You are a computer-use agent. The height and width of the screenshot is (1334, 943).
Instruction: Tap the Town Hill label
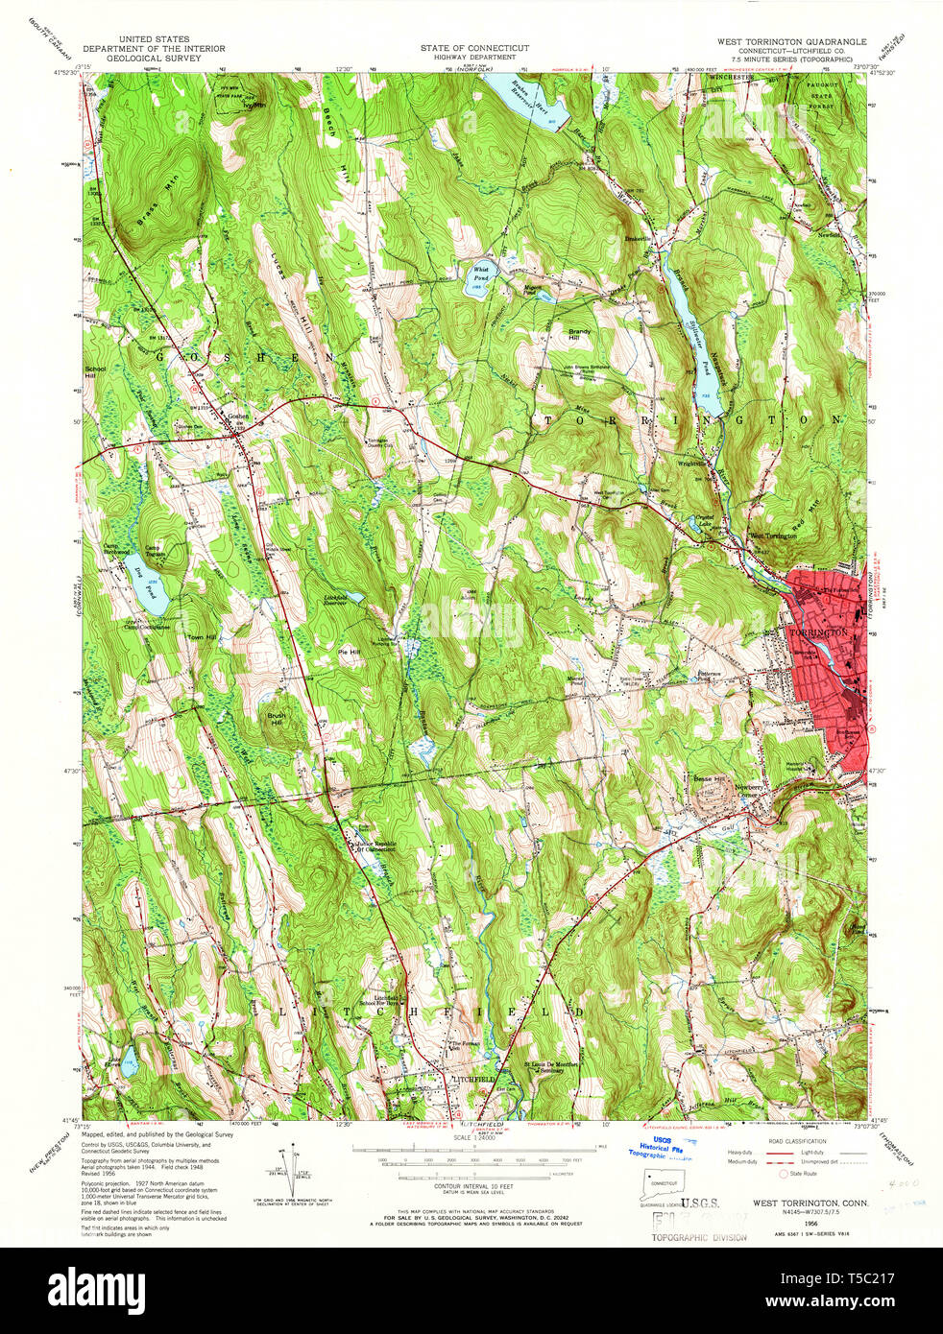pos(203,637)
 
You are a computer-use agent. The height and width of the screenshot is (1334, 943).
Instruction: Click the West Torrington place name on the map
pos(773,536)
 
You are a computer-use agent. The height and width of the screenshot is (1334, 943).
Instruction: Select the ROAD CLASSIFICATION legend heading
pos(793,1142)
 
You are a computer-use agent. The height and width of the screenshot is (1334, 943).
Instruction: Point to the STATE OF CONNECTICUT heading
pos(474,48)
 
